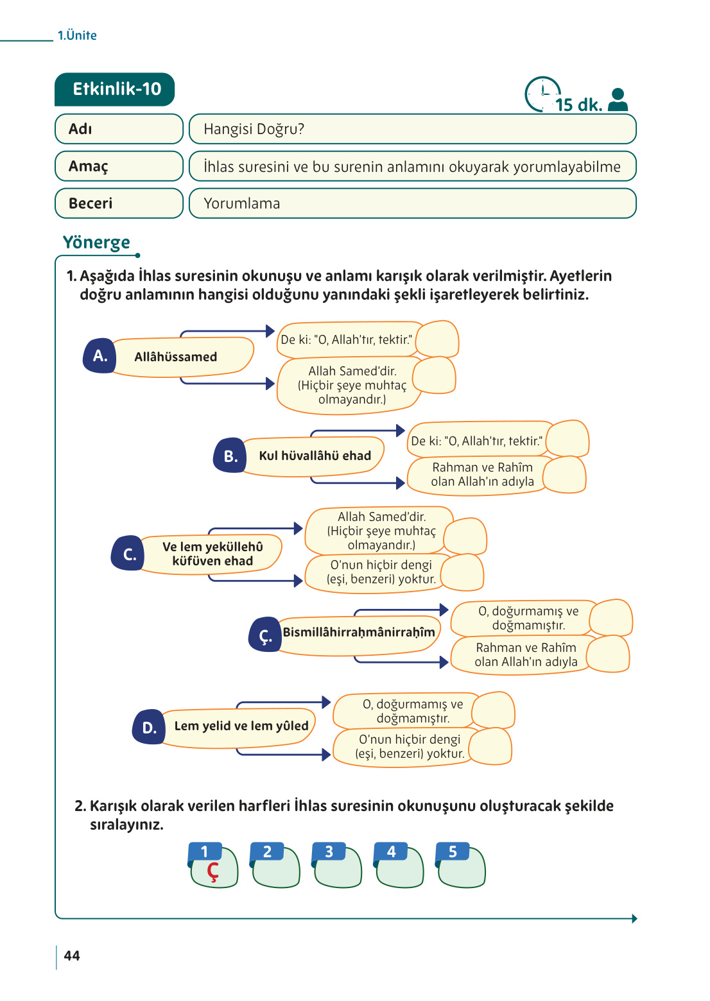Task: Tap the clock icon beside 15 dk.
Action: [542, 94]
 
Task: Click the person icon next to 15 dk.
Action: [618, 99]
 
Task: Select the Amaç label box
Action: [119, 166]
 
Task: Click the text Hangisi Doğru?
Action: [254, 129]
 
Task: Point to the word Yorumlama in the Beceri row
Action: [241, 203]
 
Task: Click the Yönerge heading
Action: [96, 243]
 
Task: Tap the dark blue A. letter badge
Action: [100, 356]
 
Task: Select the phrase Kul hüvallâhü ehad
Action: [315, 456]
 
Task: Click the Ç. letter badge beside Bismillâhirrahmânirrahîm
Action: [265, 635]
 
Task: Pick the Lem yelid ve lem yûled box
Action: [241, 726]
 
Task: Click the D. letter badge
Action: [149, 728]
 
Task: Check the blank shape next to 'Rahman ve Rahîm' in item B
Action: [564, 475]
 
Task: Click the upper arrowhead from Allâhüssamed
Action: [270, 331]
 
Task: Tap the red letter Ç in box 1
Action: [212, 871]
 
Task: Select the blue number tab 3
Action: [329, 851]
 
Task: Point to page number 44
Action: [72, 956]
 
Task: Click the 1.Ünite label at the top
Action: [77, 35]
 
